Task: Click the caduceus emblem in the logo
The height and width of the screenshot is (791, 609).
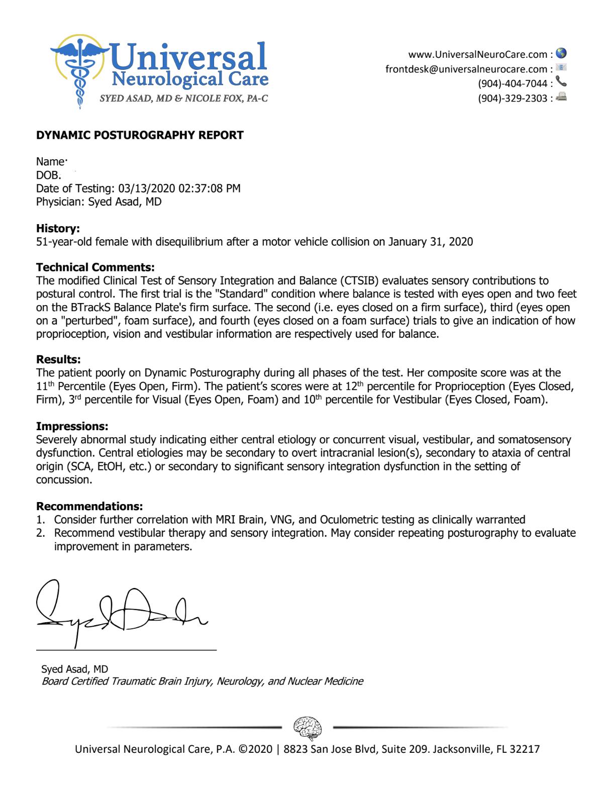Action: point(79,70)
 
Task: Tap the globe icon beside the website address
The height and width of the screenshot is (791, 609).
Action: point(561,53)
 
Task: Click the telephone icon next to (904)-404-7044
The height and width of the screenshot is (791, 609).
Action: point(561,82)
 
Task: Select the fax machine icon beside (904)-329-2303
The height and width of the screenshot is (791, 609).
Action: point(561,97)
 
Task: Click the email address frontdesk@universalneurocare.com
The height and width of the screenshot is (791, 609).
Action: point(466,69)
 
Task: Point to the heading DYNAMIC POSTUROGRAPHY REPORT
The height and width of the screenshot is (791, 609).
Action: point(140,135)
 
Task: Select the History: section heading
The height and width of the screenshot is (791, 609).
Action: point(58,229)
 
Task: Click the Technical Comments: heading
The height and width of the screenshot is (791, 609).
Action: point(95,267)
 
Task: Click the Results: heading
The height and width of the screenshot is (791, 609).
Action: point(58,359)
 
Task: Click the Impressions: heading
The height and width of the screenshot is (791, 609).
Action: point(72,426)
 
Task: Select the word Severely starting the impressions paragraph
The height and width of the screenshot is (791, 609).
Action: point(56,440)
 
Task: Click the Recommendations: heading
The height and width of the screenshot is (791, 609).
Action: point(89,506)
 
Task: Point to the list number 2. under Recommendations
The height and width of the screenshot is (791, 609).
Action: point(41,533)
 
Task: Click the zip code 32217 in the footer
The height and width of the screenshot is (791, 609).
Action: point(525,749)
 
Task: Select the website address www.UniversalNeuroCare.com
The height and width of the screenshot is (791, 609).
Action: point(477,54)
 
